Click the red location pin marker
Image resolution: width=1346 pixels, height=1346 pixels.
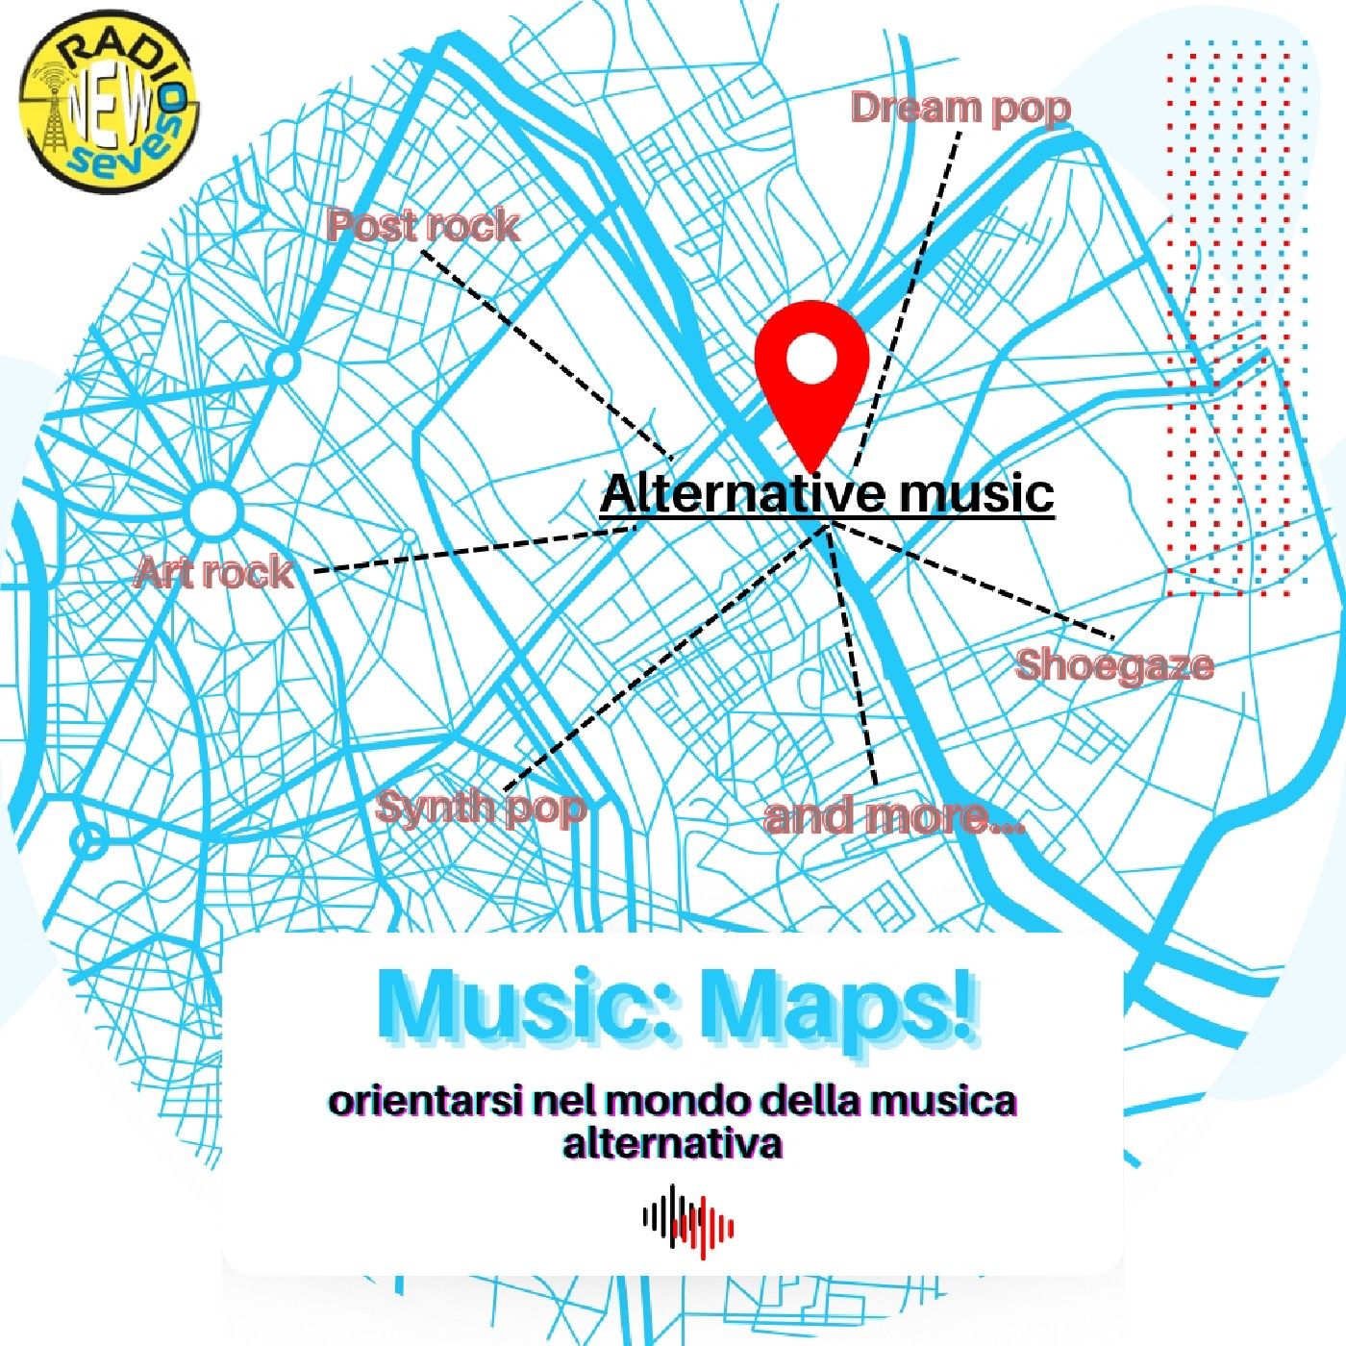tap(811, 385)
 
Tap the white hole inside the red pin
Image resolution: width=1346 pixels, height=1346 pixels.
tap(811, 359)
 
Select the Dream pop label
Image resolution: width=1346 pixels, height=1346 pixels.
tap(960, 108)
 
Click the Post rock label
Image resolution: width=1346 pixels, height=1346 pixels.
tap(423, 226)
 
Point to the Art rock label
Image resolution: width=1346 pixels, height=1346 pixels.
tap(214, 573)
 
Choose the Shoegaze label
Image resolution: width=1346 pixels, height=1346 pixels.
tap(1114, 665)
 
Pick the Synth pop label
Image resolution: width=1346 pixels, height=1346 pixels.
tap(481, 807)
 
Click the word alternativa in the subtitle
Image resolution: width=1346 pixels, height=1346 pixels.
tap(672, 1145)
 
